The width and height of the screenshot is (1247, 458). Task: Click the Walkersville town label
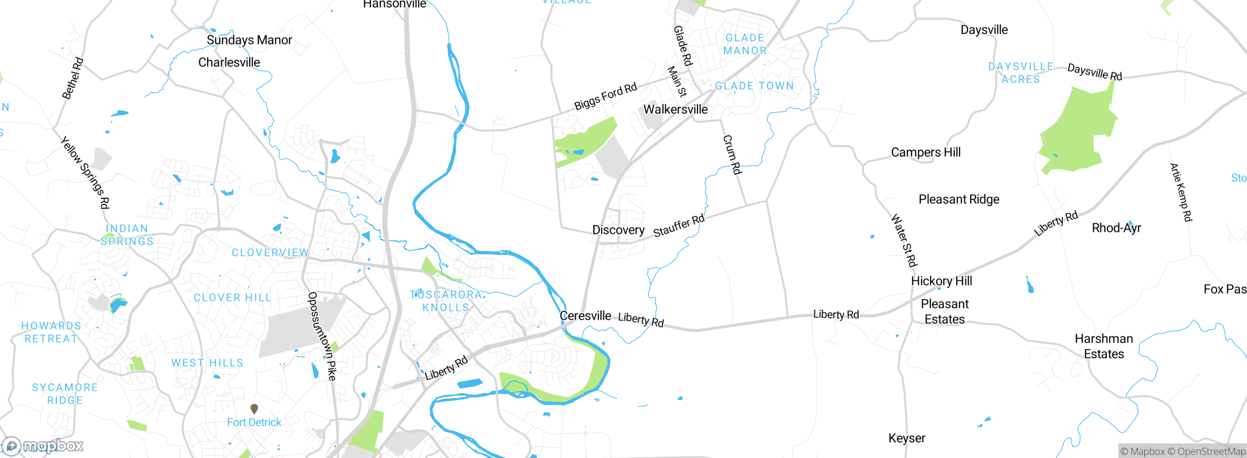pos(676,109)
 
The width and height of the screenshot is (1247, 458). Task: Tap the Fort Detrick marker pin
pos(254,408)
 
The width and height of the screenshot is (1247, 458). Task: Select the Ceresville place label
pos(586,316)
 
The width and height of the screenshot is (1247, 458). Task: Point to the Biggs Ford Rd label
pos(605,96)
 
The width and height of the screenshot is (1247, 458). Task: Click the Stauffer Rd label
pos(679,225)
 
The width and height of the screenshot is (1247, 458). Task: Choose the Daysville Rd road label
pos(1095,72)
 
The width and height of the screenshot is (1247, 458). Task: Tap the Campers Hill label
pos(926,153)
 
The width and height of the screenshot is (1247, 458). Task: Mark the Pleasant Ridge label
pos(959,199)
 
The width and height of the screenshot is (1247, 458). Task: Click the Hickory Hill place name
pos(941,281)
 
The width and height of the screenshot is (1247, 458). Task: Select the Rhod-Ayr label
pos(1116,228)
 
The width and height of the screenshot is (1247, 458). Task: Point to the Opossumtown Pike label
pos(322,336)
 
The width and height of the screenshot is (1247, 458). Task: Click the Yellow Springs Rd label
pos(85,172)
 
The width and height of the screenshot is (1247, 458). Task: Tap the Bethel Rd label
pos(73,78)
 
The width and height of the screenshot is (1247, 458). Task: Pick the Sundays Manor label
pos(249,40)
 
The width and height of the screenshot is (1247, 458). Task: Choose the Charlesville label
pos(229,62)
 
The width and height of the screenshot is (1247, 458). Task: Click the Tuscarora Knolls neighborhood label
pos(446,301)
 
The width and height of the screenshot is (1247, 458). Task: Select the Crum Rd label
pos(732,155)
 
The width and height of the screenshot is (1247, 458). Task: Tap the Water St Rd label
pos(904,240)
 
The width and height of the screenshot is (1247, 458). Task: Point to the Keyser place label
pos(907,438)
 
